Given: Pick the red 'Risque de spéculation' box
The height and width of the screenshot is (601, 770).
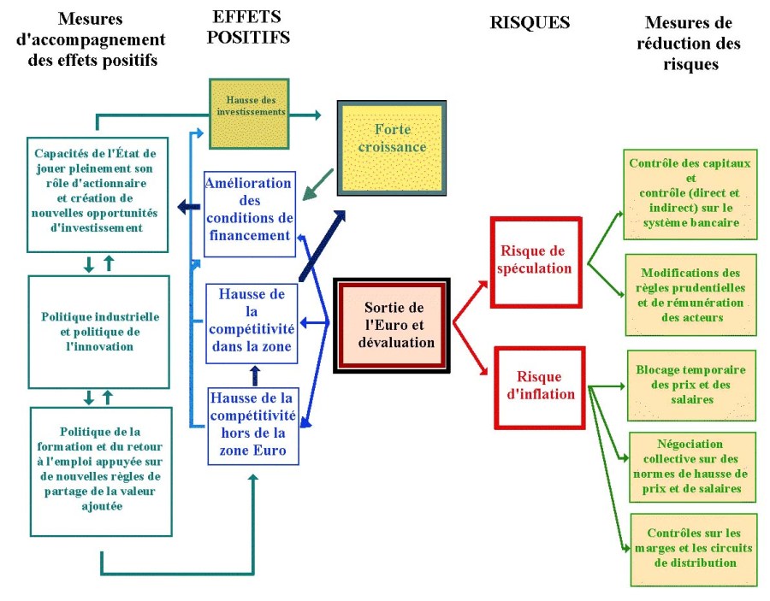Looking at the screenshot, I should [536, 260].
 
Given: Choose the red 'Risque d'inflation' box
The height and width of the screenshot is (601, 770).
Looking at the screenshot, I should [539, 386].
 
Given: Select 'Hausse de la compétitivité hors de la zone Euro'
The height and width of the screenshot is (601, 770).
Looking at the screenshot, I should [252, 425].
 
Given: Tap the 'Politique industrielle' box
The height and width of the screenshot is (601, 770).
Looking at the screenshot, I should [100, 332].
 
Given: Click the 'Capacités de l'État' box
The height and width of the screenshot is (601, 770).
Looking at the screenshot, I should [100, 194].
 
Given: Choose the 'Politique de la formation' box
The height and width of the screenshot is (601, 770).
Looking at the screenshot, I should [100, 468].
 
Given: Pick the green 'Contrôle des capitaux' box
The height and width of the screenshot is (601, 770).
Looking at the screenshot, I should [690, 193].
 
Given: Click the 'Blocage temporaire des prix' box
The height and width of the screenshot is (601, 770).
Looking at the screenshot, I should [691, 385].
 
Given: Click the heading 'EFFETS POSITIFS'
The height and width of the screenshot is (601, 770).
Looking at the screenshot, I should [248, 27].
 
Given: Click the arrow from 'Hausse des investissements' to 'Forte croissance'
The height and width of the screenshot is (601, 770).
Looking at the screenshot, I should [304, 114].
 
